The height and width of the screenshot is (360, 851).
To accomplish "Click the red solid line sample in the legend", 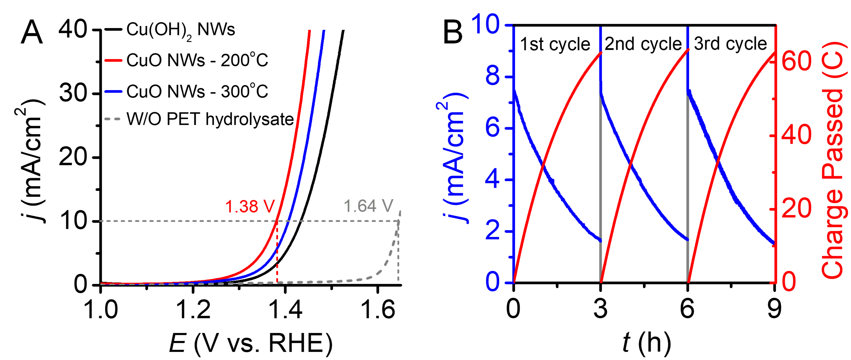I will point(113,60).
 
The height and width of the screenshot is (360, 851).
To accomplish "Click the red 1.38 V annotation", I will point(250,207).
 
